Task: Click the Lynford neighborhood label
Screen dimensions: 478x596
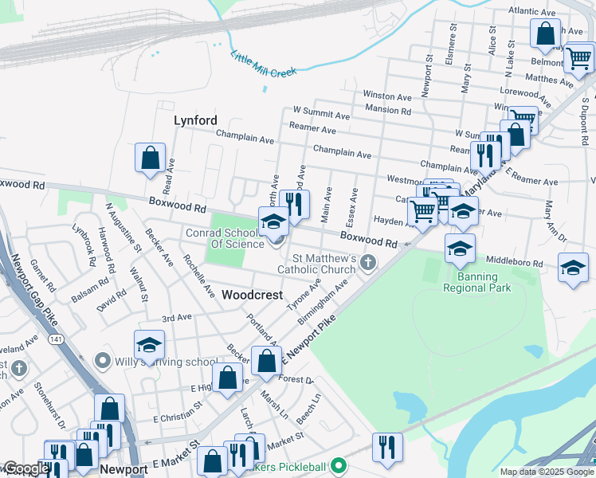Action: tap(195, 120)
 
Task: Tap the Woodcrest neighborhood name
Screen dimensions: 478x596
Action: tap(252, 295)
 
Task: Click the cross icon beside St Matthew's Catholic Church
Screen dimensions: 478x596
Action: tap(368, 262)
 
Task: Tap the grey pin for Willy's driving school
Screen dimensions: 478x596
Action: tap(101, 361)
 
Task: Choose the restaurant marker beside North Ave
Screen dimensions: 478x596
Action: tap(296, 204)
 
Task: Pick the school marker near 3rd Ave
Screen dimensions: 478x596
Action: tap(149, 346)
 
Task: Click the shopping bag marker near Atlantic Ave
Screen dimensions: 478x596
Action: tap(546, 34)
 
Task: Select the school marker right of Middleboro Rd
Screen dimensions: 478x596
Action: tap(573, 268)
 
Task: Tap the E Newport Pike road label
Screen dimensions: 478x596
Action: tap(306, 340)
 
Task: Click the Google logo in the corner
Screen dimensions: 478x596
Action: tap(25, 468)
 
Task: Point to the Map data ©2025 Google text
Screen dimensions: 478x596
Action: tap(546, 472)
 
